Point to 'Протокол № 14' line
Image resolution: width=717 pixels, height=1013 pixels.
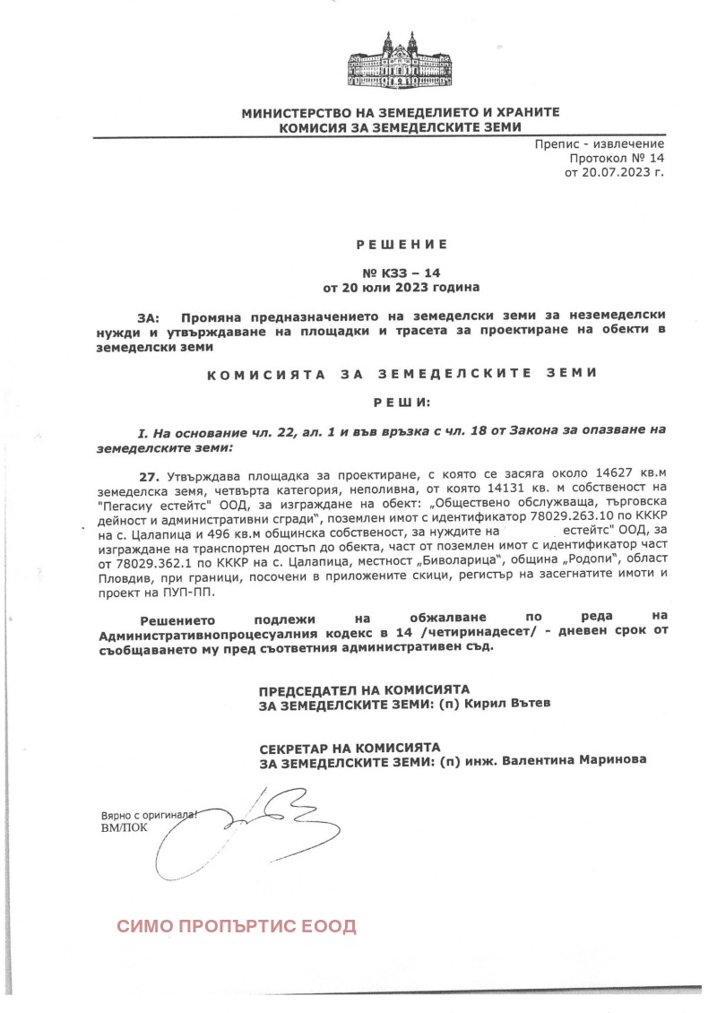[617, 158]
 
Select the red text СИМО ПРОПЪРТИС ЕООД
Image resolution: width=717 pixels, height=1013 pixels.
[237, 926]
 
